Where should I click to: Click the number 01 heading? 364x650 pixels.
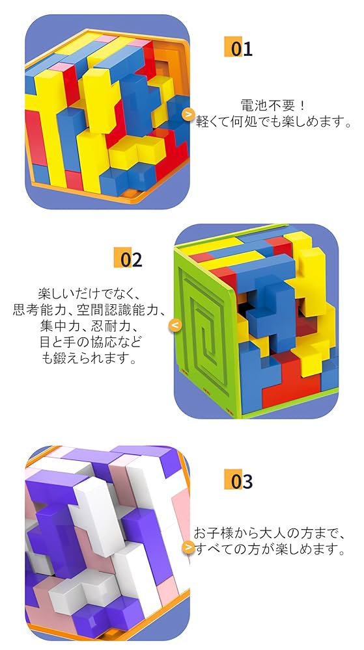click(x=238, y=49)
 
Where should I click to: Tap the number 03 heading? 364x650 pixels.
click(x=238, y=481)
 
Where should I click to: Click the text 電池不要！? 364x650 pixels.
click(x=273, y=105)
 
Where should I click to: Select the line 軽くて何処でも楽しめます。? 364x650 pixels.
click(x=273, y=122)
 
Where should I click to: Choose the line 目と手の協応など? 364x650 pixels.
click(x=90, y=342)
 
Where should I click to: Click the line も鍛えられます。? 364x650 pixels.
click(x=90, y=358)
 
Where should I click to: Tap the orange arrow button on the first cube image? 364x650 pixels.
click(x=188, y=114)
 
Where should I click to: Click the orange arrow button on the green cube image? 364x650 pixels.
click(x=175, y=325)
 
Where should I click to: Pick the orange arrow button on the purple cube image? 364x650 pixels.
click(x=188, y=547)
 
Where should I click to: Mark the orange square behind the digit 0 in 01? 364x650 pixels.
click(x=232, y=47)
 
